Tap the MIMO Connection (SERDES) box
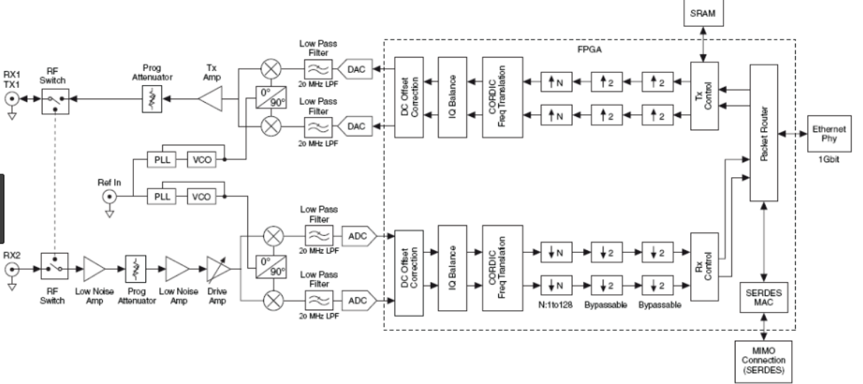[x=760, y=361]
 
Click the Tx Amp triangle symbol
[x=211, y=101]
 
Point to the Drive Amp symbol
[x=215, y=270]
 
